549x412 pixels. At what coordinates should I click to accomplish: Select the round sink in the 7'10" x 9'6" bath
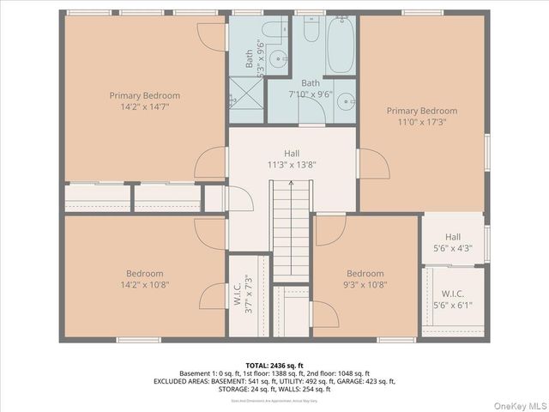point(345,100)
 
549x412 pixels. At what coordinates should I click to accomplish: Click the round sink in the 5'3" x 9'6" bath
point(277,59)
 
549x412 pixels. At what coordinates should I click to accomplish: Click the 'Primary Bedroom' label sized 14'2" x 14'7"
point(144,95)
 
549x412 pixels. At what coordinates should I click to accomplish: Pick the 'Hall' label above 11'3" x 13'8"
point(292,153)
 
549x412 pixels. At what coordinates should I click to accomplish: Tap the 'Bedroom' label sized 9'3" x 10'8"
point(365,274)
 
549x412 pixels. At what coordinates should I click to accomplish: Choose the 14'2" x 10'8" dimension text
point(144,285)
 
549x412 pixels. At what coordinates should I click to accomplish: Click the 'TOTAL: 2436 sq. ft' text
point(274,365)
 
